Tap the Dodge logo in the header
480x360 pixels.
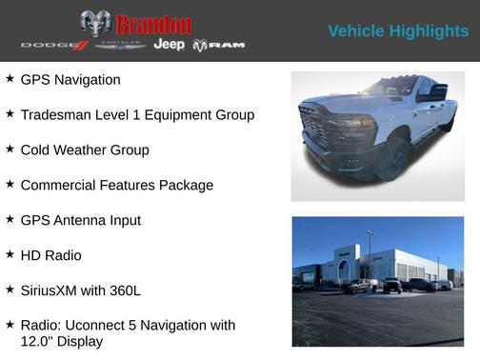tap(54, 45)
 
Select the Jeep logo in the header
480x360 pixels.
tap(170, 45)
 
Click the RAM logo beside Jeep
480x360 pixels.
tap(219, 45)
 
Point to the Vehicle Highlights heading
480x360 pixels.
tap(398, 31)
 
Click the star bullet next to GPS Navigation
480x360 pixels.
tap(10, 79)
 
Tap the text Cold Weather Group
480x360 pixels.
tap(85, 150)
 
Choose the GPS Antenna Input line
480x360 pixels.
tap(80, 220)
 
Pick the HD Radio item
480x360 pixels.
tap(50, 255)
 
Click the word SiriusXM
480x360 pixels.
tap(55, 290)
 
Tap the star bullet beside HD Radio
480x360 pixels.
tap(10, 254)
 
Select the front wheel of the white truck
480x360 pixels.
tap(391, 157)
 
